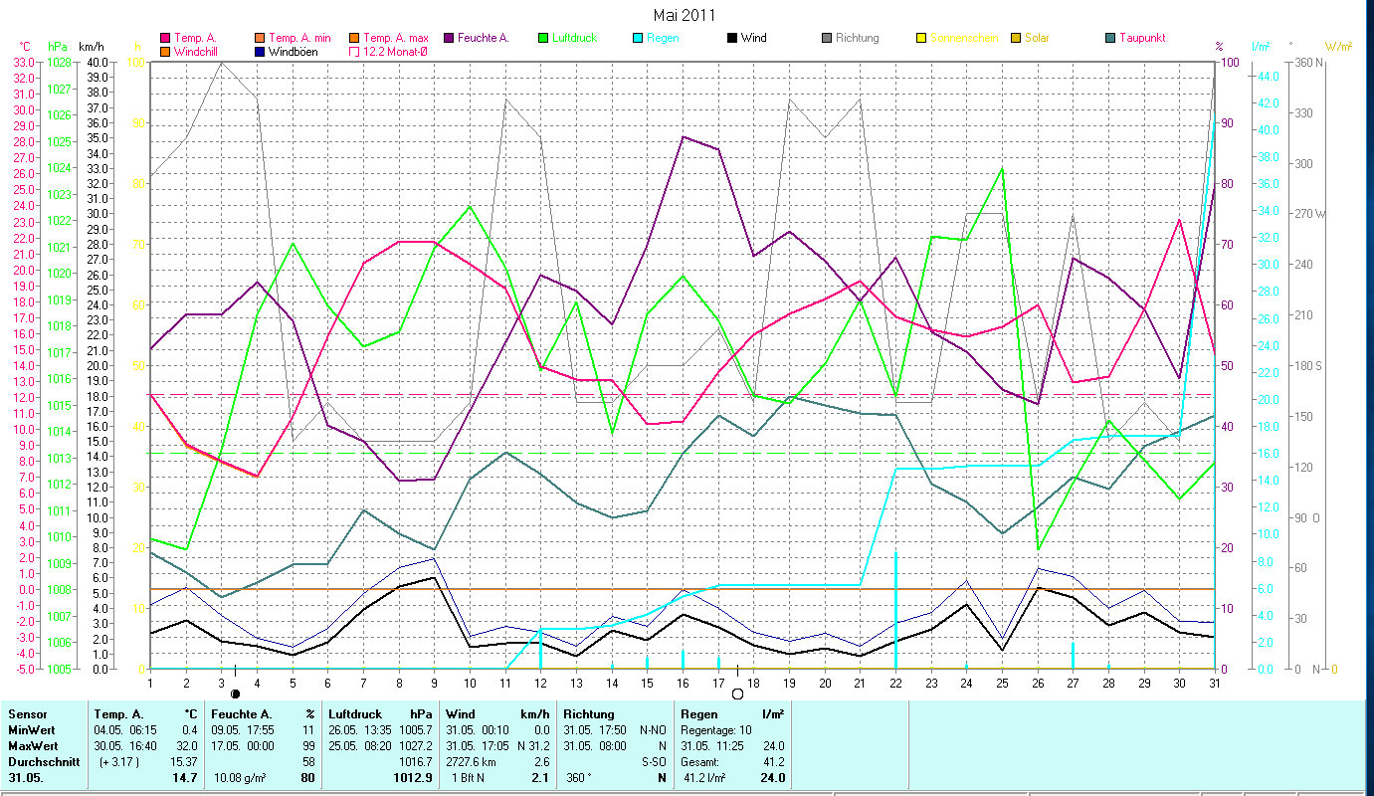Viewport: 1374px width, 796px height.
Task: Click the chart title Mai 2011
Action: (x=684, y=14)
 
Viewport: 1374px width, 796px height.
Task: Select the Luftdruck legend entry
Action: (x=576, y=38)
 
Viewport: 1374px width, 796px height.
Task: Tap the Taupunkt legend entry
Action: (x=1141, y=38)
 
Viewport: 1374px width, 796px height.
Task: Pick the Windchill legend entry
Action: (x=199, y=51)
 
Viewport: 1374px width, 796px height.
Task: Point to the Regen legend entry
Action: (x=664, y=38)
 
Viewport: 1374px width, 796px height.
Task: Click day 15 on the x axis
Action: (x=647, y=684)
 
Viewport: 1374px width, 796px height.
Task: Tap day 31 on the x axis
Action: (x=1215, y=684)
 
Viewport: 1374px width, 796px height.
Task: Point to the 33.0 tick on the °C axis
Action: (x=23, y=62)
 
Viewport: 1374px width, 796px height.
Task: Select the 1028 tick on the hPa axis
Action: (x=58, y=62)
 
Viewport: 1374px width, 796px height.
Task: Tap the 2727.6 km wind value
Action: (x=474, y=761)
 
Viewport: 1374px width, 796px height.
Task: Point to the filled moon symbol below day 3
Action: (x=236, y=694)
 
